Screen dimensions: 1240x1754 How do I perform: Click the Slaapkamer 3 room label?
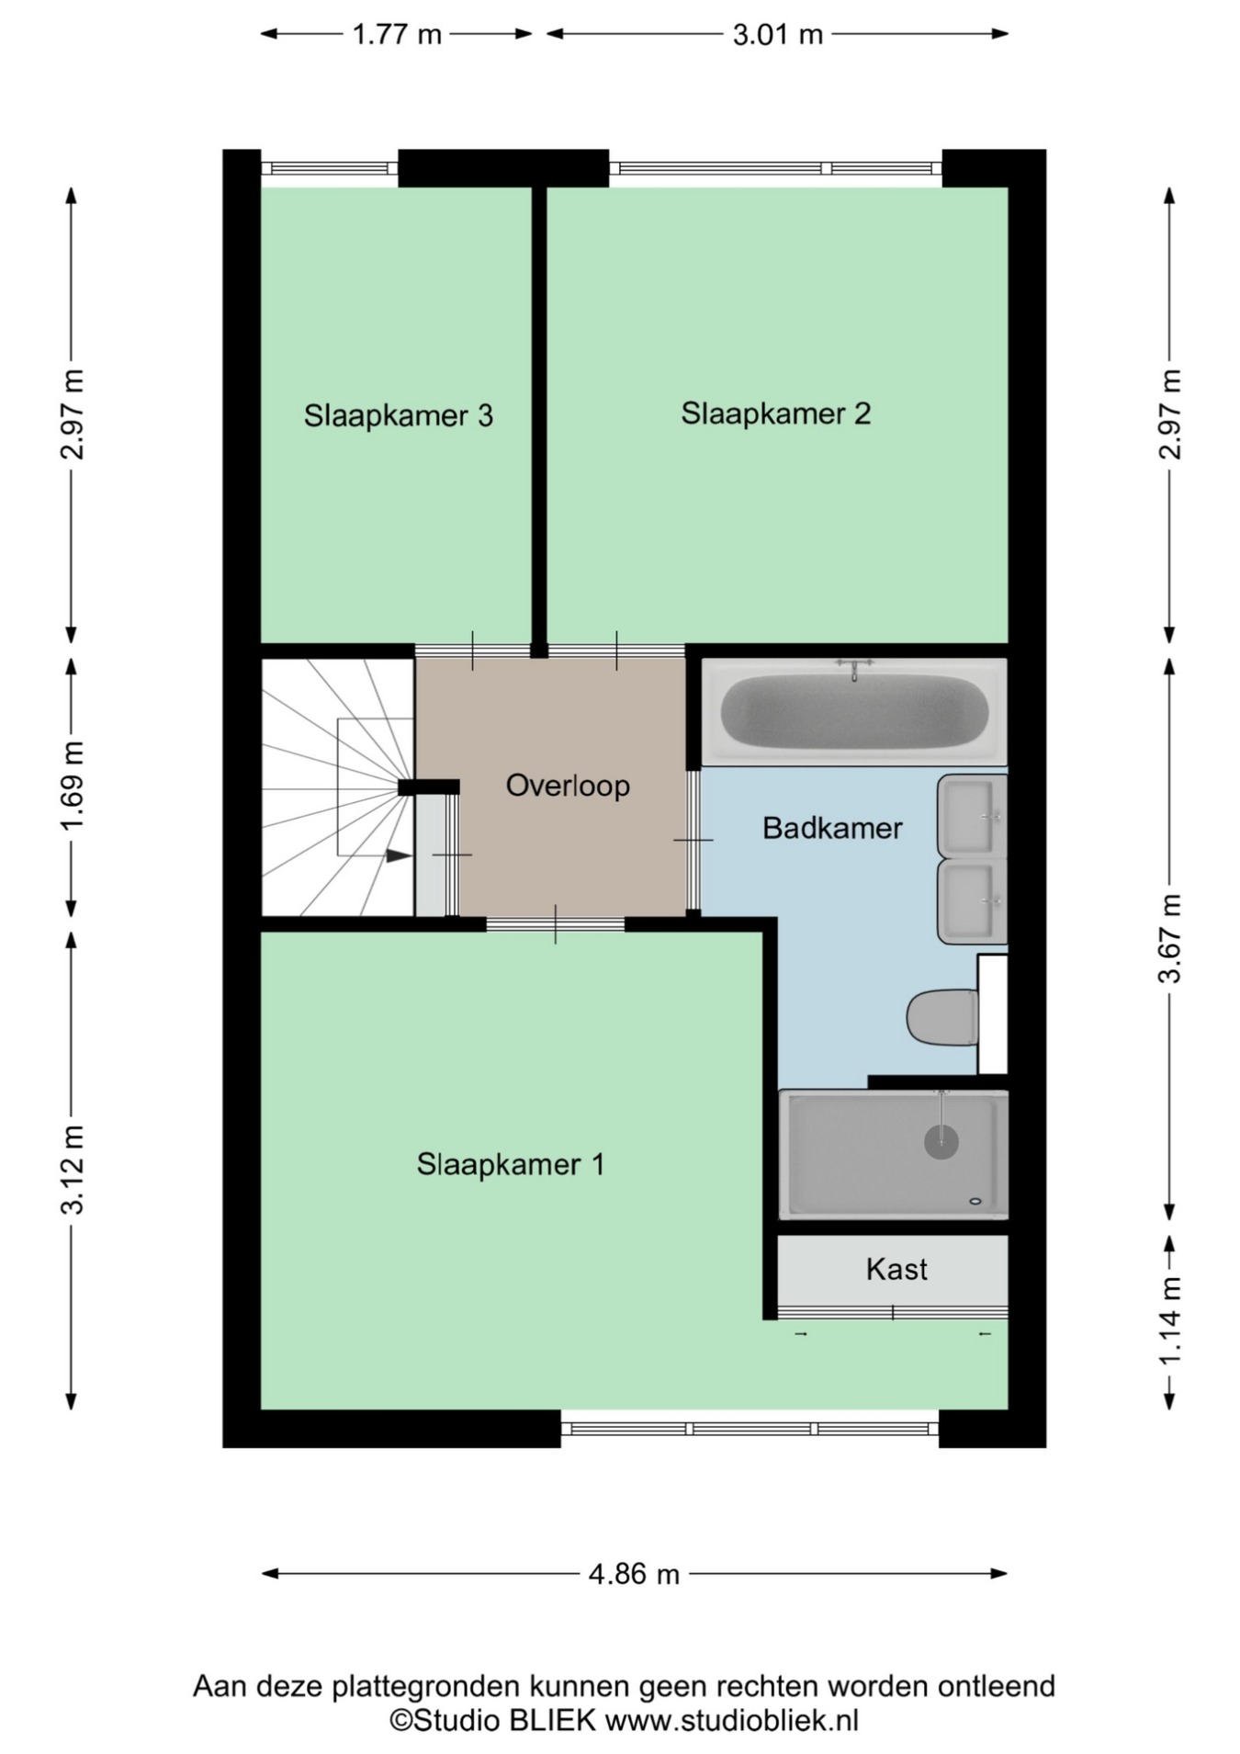click(x=398, y=416)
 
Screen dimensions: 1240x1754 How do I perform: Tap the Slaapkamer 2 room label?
click(x=775, y=414)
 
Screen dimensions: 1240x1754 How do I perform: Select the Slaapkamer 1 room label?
click(x=511, y=1165)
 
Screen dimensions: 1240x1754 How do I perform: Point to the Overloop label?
click(x=568, y=786)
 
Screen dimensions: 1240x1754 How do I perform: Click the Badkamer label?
click(x=832, y=828)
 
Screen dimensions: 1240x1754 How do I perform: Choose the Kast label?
click(x=896, y=1270)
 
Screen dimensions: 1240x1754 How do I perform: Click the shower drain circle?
click(x=941, y=1142)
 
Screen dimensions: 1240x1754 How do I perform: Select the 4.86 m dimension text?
click(x=634, y=1574)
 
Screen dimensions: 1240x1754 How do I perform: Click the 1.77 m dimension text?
click(x=397, y=35)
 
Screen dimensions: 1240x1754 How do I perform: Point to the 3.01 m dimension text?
click(x=777, y=35)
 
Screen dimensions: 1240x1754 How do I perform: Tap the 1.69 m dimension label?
click(x=72, y=785)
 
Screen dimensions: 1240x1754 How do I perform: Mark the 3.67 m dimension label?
click(x=1169, y=938)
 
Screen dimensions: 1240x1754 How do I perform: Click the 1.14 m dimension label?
click(x=1169, y=1321)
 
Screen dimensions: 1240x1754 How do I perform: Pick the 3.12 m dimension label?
click(x=72, y=1169)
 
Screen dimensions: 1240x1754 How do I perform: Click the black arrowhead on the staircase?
click(x=398, y=855)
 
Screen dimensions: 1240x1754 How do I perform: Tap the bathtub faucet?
click(x=854, y=668)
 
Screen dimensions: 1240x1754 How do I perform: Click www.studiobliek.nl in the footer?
click(x=731, y=1720)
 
